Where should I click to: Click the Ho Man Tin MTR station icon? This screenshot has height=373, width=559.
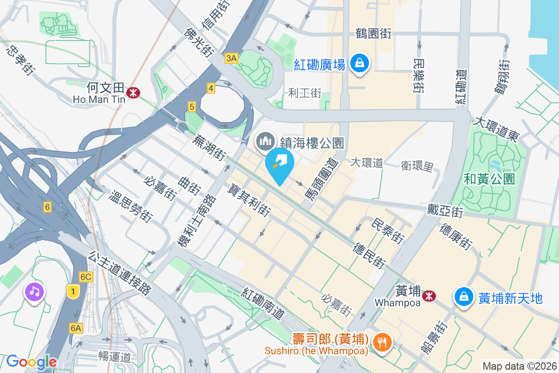134,92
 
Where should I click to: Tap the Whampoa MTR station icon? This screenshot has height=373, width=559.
429,295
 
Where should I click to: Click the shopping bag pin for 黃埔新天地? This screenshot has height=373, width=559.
464,296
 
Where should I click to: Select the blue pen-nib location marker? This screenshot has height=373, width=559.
279,164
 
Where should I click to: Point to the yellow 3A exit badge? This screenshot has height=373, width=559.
231,58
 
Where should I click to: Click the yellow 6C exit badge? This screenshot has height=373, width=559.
86,276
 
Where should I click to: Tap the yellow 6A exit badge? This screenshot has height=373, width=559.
76,328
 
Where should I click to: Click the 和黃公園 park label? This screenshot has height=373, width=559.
489,179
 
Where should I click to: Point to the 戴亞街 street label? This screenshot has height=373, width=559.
445,210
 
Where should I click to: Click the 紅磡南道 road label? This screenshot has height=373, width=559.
263,304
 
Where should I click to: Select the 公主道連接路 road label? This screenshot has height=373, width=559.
120,273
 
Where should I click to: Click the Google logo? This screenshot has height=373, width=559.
31,362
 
